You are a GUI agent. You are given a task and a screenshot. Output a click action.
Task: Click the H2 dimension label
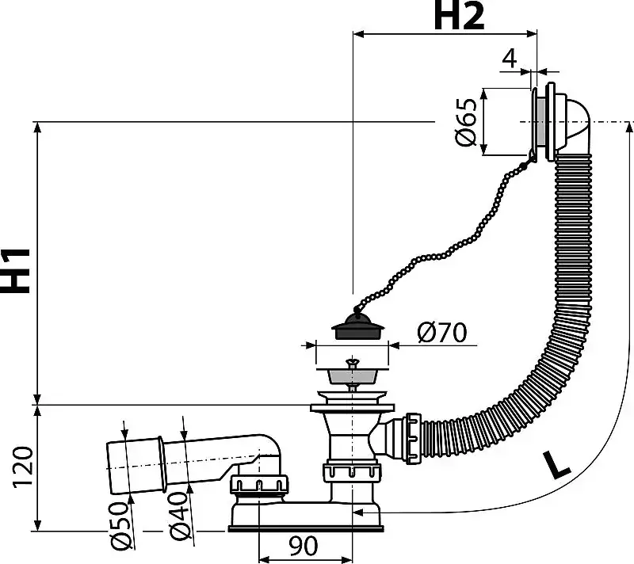tap(459, 16)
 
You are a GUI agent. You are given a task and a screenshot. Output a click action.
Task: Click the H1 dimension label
tap(15, 270)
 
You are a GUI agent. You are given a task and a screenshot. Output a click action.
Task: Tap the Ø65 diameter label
tap(466, 122)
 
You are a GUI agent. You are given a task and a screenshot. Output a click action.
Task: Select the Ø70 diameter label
tap(442, 332)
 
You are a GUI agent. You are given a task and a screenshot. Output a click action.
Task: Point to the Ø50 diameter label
tap(122, 526)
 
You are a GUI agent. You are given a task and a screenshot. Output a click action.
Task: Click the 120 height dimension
tap(23, 467)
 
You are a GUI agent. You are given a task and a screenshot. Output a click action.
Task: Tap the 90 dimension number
tap(304, 547)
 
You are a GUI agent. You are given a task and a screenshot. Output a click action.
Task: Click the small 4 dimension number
tap(510, 58)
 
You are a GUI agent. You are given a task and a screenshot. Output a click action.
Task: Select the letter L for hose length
tap(557, 466)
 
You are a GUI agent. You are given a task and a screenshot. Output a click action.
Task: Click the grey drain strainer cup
tap(352, 376)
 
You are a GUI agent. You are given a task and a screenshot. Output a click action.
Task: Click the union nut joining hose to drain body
tap(414, 438)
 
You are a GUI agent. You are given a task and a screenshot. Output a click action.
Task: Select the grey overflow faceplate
tap(540, 122)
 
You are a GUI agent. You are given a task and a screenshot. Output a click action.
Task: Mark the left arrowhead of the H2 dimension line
tap(359, 34)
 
